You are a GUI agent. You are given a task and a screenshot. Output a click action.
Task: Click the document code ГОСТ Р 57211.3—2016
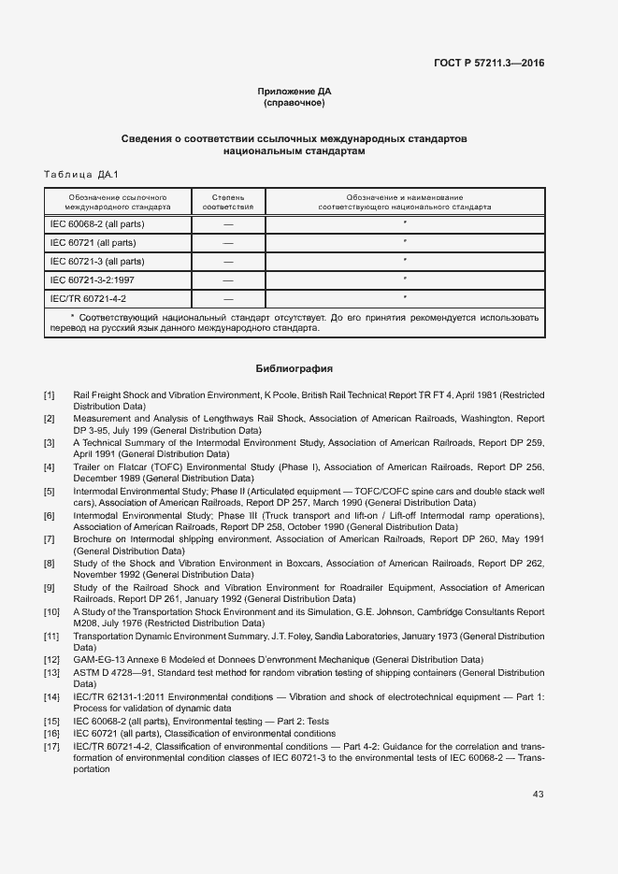490,64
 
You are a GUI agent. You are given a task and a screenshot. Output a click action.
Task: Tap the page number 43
538,795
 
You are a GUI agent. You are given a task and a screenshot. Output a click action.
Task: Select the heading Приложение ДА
295,92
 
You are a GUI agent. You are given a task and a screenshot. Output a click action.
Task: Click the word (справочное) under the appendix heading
295,103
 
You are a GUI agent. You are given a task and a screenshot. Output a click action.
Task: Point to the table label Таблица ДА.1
81,175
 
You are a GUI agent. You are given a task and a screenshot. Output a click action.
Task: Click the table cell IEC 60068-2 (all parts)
97,224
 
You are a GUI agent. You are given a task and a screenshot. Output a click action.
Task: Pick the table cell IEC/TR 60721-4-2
88,298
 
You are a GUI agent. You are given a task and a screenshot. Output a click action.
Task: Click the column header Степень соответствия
228,202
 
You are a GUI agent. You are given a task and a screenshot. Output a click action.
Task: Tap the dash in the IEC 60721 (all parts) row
228,243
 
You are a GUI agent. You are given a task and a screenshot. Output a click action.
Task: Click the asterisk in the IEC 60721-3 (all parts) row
405,261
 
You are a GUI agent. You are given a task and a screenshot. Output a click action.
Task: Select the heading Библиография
295,368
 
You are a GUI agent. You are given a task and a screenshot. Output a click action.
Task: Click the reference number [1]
49,395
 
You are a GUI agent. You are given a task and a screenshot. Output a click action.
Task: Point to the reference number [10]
51,611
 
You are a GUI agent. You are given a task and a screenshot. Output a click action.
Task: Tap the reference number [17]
51,747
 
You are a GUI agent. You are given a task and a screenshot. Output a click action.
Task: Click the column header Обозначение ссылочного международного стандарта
117,202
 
